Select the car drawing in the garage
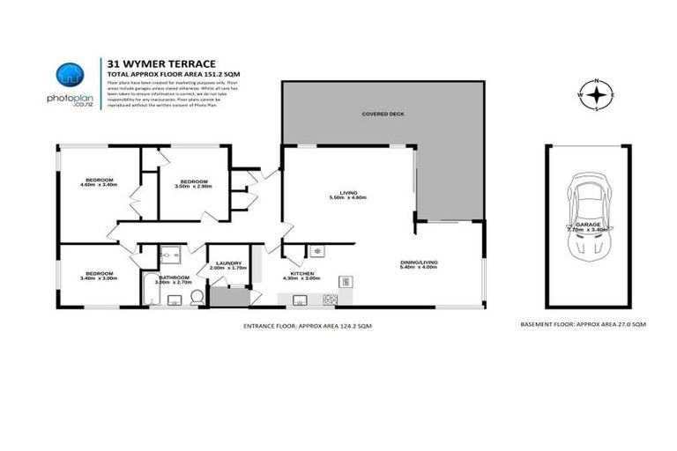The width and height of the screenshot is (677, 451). (587, 219)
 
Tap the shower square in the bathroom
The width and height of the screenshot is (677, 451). (171, 255)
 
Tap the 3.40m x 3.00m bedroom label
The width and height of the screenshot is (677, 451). (98, 275)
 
